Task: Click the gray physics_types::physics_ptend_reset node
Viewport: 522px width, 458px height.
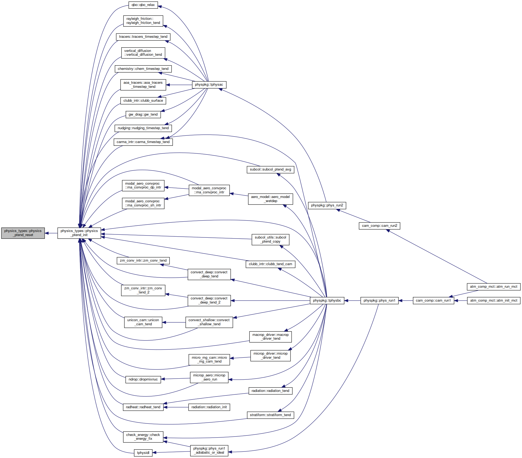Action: (x=23, y=233)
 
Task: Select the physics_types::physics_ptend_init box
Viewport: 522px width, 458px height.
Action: (x=79, y=233)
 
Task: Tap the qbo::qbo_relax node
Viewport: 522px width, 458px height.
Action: (x=143, y=5)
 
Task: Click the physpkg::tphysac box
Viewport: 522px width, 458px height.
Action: (x=209, y=85)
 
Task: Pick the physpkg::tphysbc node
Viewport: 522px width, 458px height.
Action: (x=327, y=301)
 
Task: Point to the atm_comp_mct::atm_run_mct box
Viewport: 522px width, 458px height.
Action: (x=494, y=287)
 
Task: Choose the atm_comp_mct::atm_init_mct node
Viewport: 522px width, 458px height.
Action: (x=494, y=301)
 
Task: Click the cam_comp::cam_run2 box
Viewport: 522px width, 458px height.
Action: (x=379, y=226)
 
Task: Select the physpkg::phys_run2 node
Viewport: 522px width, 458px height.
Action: (x=327, y=205)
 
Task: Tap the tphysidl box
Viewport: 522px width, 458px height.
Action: (x=143, y=453)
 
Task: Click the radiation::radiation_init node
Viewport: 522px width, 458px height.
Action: (x=209, y=407)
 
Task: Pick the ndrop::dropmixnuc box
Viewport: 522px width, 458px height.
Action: (x=143, y=379)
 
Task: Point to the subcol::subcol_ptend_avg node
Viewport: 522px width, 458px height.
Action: (x=270, y=169)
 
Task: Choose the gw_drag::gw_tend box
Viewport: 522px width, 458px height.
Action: (x=143, y=115)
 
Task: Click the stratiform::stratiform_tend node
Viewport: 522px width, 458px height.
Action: (x=270, y=415)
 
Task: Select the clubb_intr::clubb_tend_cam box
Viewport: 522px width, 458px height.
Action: (x=270, y=264)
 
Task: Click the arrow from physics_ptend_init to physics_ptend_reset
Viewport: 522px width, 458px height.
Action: (x=51, y=233)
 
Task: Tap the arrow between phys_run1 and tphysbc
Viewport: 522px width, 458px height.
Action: (x=352, y=301)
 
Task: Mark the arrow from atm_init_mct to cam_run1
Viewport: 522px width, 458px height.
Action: (x=461, y=301)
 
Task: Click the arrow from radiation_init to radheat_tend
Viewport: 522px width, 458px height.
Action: (x=176, y=407)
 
